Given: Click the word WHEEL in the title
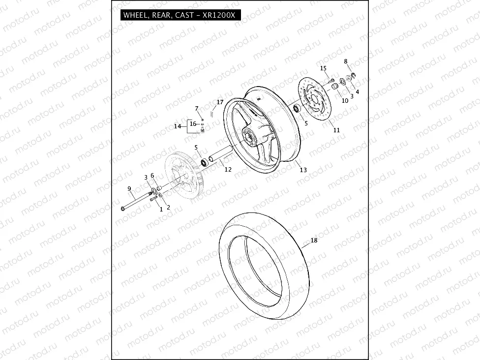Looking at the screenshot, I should [x=135, y=15].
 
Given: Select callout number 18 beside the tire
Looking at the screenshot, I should [x=313, y=240].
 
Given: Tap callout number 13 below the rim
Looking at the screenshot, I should [x=303, y=170].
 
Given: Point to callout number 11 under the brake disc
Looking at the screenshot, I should [x=336, y=130].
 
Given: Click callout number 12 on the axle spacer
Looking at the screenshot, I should [x=228, y=169].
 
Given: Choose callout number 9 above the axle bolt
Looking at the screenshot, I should [x=129, y=188].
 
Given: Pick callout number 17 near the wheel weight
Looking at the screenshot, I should [x=220, y=103].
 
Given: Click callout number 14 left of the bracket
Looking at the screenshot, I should [x=178, y=126].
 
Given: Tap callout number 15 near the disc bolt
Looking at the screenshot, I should [x=323, y=68].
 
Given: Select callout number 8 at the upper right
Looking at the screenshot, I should [x=346, y=61].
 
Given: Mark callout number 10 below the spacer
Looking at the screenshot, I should [x=345, y=100].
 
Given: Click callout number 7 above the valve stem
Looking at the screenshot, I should [x=197, y=108].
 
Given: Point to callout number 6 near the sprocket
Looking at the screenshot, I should [x=152, y=175].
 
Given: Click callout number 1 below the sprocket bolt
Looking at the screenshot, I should [x=160, y=209].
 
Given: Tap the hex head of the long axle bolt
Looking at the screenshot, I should [x=122, y=210].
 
